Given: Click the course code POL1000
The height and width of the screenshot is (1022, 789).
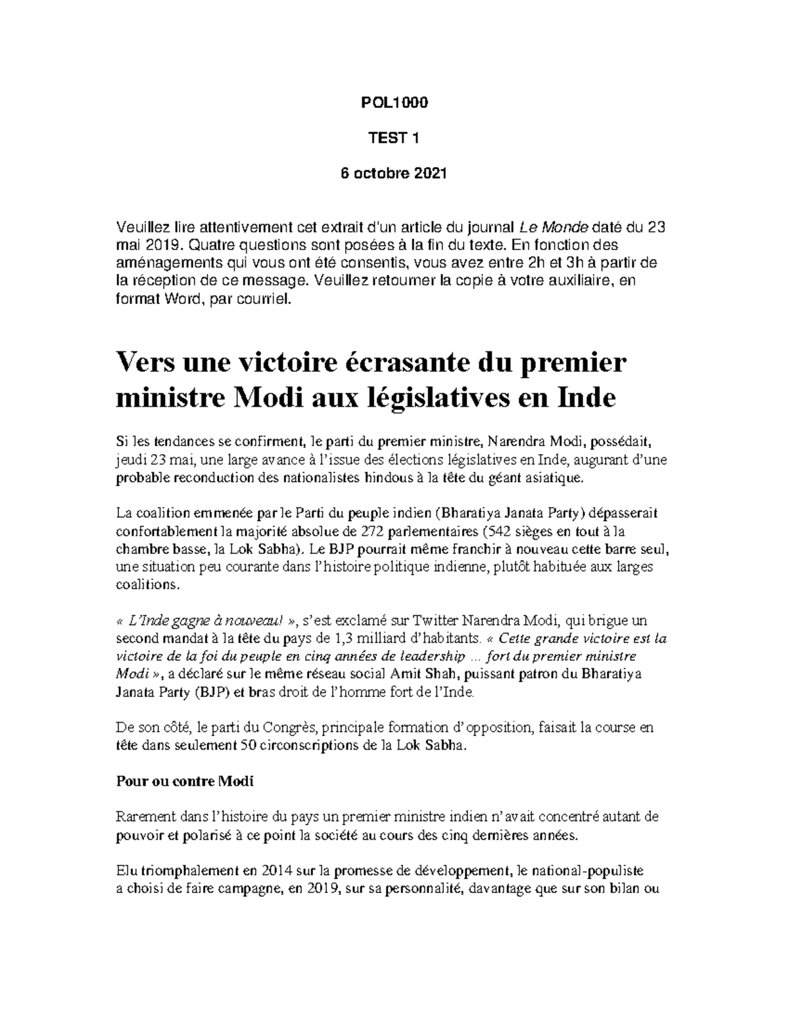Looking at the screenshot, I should coord(393,103).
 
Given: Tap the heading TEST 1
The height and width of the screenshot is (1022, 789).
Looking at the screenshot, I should coord(393,138).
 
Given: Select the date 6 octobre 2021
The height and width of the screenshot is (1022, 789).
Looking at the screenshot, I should coord(393,174).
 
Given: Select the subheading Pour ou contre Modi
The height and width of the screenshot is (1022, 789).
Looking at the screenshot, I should coord(185,781).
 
